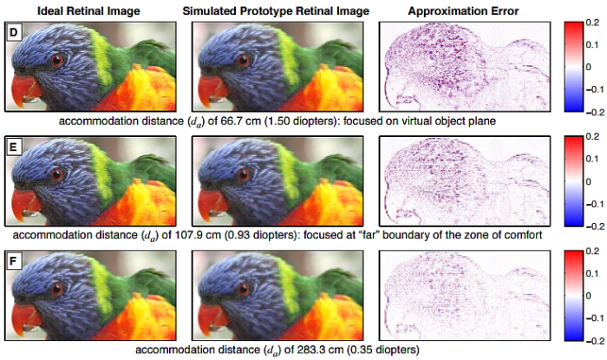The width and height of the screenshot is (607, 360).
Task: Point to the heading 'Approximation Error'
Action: [x=457, y=10]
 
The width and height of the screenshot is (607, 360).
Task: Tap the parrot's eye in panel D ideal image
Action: [x=58, y=60]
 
